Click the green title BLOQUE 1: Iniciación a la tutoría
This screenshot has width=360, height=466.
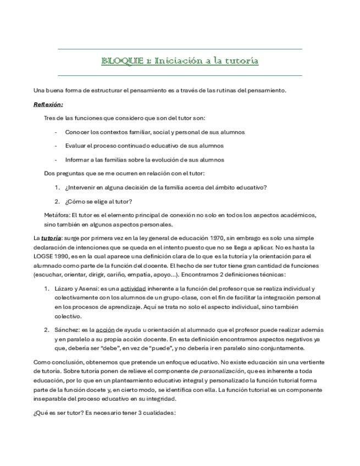coord(180,60)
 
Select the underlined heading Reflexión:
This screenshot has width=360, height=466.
coord(48,104)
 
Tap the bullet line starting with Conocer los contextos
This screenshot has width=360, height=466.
coord(154,132)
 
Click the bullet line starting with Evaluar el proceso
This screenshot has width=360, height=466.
coord(144,146)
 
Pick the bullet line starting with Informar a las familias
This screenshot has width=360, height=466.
coord(145,159)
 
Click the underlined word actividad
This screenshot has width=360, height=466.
coord(133,289)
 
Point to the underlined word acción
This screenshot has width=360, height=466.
coord(105,330)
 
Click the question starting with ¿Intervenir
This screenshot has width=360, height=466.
coord(165,187)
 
